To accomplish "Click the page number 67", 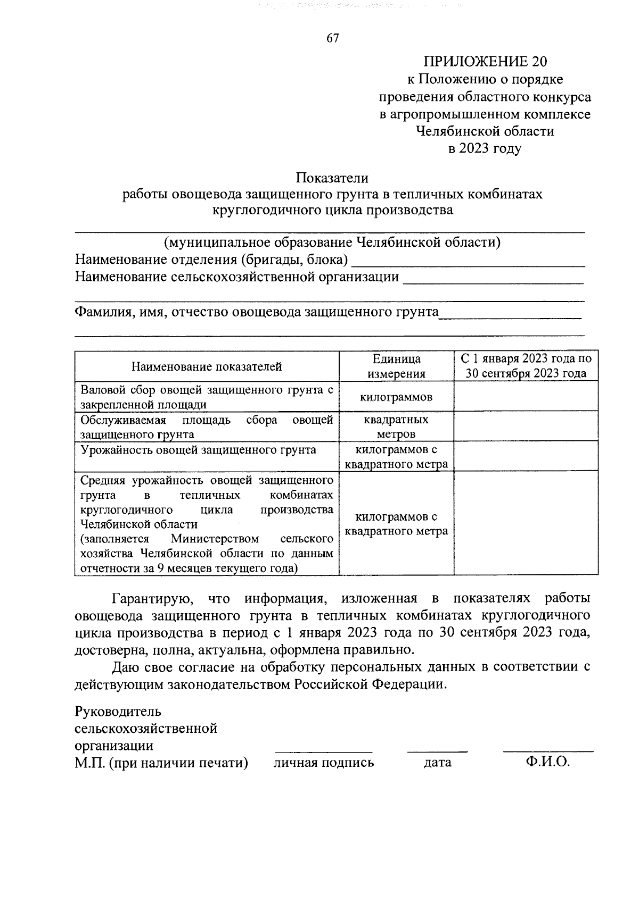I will click(332, 38).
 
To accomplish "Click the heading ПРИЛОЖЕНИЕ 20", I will click(485, 62).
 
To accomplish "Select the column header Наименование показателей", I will click(207, 366).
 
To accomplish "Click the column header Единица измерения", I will click(396, 366).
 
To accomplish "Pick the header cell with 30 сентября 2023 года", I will click(526, 373).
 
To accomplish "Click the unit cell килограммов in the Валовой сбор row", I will click(396, 397).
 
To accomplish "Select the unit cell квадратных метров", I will click(396, 427).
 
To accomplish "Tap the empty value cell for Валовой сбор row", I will click(526, 397).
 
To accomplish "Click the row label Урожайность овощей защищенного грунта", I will click(198, 450).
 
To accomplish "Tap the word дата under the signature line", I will click(437, 763).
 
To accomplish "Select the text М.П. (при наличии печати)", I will click(162, 763).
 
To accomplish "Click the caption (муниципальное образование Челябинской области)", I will click(332, 243).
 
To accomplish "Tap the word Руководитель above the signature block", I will click(118, 711).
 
